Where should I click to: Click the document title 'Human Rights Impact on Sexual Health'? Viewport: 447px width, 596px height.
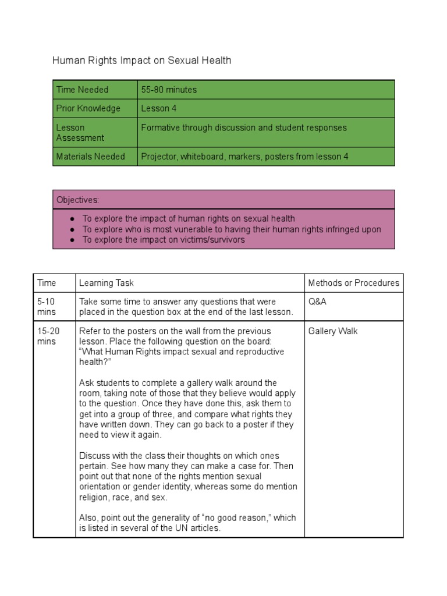141,60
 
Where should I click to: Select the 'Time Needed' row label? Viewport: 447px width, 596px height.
82,90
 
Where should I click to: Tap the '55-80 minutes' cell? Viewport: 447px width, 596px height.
169,90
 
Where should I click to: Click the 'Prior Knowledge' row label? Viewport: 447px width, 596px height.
88,108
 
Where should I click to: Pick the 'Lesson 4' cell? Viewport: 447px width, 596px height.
159,108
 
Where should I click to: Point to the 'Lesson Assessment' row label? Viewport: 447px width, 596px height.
80,133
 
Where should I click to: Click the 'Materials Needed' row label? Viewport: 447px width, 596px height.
90,157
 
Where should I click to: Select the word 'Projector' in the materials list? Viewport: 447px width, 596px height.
159,157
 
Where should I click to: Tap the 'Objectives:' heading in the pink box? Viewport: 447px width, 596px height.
77,200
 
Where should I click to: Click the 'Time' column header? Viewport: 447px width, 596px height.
47,283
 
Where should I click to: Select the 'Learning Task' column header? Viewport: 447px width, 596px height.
107,283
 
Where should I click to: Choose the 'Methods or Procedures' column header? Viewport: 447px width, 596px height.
353,283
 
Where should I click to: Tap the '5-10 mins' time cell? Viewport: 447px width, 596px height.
47,307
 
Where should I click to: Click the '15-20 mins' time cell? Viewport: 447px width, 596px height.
48,336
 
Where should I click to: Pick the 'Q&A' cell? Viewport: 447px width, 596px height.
317,302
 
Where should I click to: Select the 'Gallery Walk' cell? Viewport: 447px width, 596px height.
332,331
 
